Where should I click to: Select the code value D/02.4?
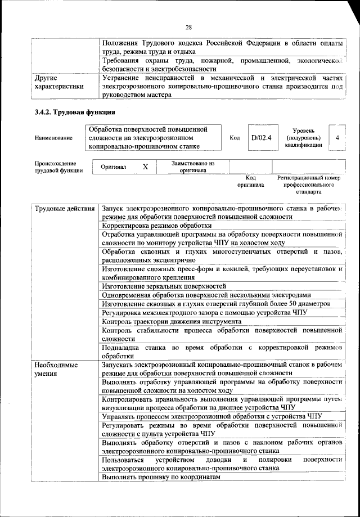[261, 137]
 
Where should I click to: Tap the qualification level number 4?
[336, 137]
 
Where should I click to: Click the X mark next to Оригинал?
[145, 167]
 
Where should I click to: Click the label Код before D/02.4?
[235, 137]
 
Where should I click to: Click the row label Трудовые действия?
[65, 209]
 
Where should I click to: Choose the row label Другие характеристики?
[59, 82]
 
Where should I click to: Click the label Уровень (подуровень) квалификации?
[304, 137]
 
